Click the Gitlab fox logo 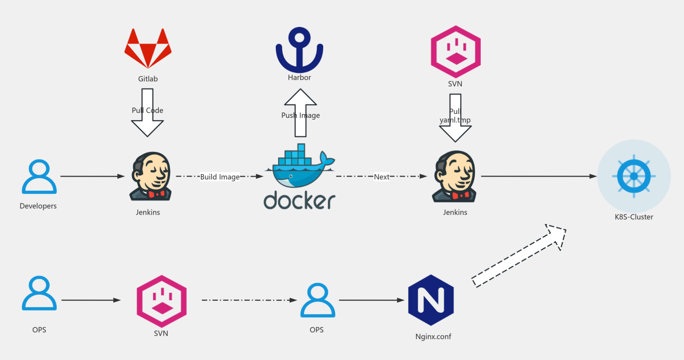(148, 48)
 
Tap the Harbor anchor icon (299, 50)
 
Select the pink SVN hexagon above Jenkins (456, 52)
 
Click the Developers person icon (39, 177)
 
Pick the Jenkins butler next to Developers (151, 176)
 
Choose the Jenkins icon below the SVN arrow (455, 176)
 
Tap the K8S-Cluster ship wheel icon (634, 176)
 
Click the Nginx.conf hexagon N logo (431, 300)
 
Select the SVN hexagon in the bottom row (162, 301)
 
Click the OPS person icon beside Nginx (317, 300)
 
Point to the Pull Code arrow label (147, 110)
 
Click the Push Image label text (300, 115)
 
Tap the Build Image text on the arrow (220, 177)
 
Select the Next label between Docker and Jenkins (382, 177)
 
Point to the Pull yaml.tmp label (455, 116)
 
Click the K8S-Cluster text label (634, 217)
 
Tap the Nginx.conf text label (433, 336)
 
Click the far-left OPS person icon (39, 293)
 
